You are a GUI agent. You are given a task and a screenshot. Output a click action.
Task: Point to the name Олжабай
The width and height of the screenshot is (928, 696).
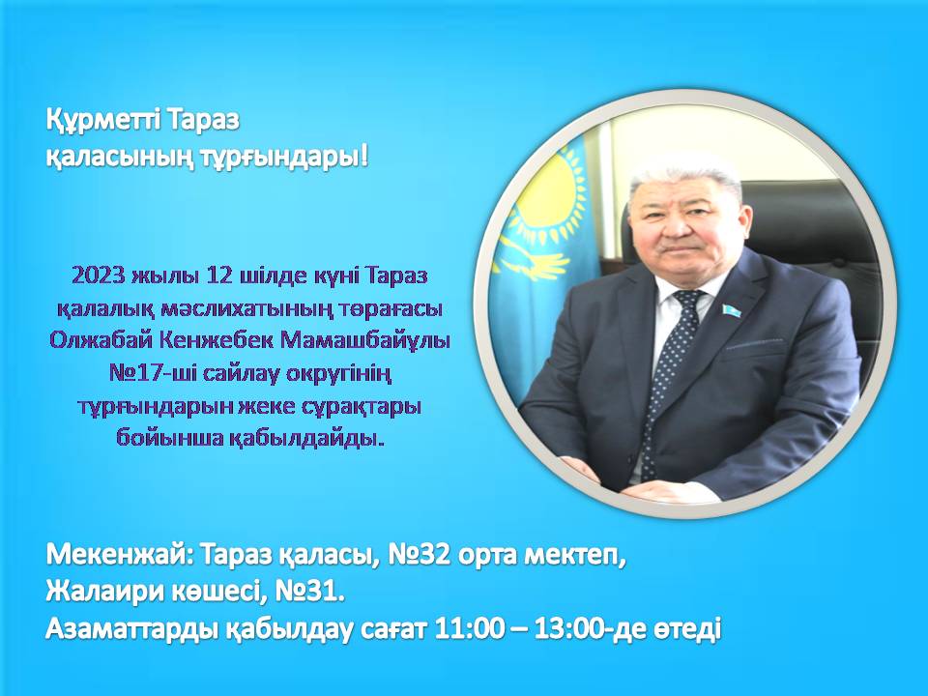pos(96,340)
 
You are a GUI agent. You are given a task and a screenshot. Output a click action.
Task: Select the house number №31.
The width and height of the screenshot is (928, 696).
pos(309,592)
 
